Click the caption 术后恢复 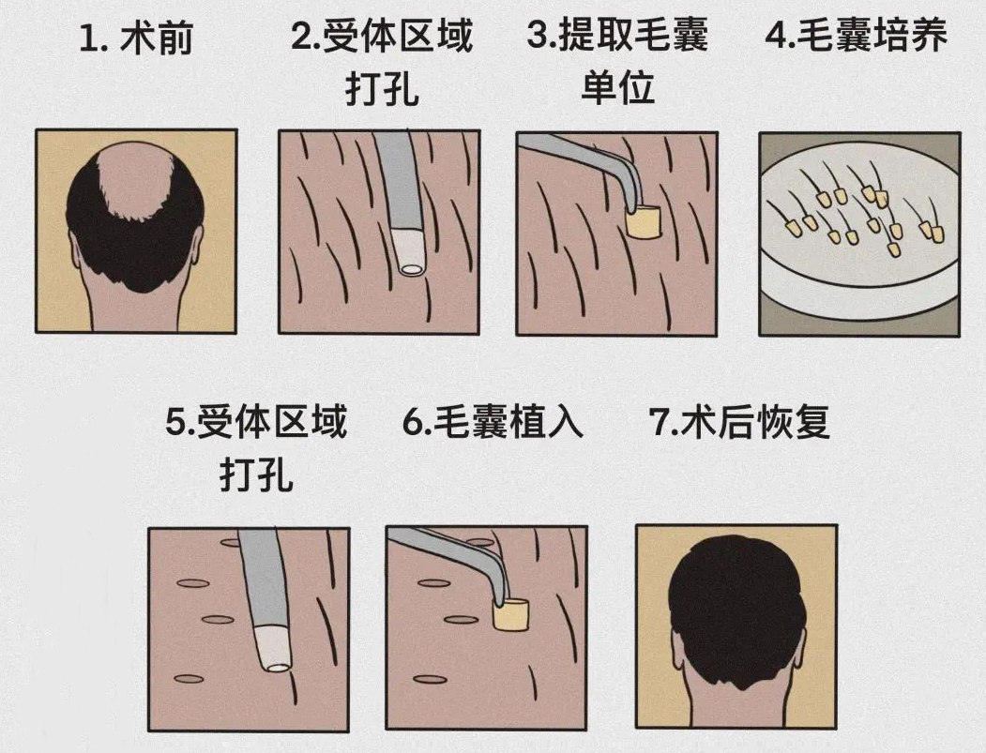(755, 424)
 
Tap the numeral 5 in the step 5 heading (175, 425)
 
